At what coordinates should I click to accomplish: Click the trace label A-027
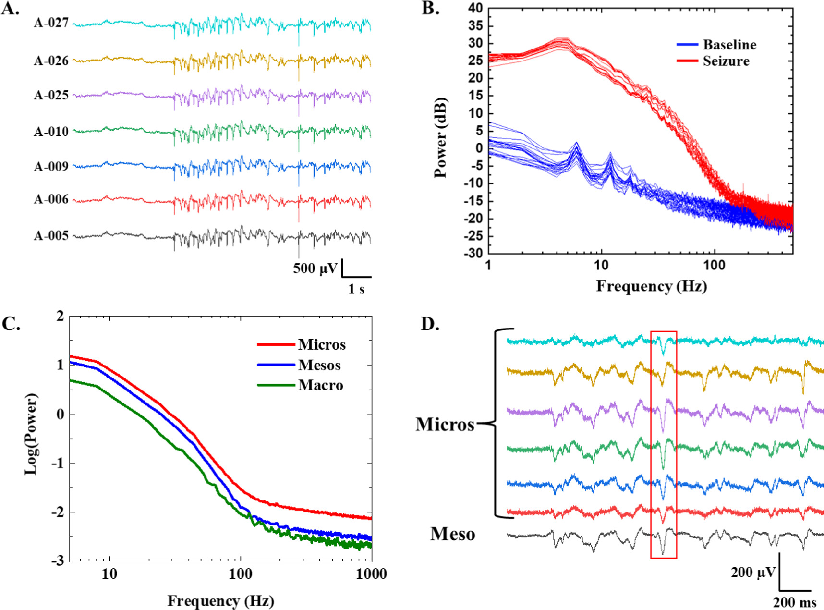(51, 23)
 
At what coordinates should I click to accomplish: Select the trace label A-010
(51, 132)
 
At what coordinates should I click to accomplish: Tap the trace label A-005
(51, 236)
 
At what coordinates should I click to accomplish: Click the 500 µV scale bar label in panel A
(315, 268)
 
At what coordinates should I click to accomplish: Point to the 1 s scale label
(356, 289)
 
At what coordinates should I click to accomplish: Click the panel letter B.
(430, 9)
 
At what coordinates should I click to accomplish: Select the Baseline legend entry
(729, 45)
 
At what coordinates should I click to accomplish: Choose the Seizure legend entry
(726, 61)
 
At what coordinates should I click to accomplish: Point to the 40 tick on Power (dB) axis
(475, 8)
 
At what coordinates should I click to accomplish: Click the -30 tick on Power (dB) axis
(473, 253)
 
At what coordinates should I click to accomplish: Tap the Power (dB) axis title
(440, 138)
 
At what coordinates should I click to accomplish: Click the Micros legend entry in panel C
(321, 345)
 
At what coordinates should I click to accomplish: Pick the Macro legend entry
(320, 385)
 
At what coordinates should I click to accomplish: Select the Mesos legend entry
(319, 365)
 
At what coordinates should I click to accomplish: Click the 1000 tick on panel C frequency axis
(371, 574)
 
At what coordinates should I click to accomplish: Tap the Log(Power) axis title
(31, 434)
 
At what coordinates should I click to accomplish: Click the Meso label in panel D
(452, 534)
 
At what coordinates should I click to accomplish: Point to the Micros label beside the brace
(445, 425)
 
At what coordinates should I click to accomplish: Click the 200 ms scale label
(794, 602)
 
